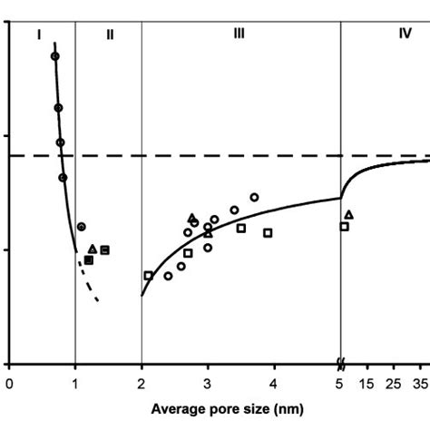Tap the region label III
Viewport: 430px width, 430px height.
(x=239, y=34)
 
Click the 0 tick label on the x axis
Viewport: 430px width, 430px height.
(x=9, y=384)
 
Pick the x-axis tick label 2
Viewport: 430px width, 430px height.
(x=142, y=384)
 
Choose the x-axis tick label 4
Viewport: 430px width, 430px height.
(x=274, y=384)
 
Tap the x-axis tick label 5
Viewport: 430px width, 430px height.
(x=340, y=384)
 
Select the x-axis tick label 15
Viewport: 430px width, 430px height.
(x=367, y=384)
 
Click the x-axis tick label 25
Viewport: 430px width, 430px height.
(x=393, y=384)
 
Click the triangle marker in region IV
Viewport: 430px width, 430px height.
(x=349, y=215)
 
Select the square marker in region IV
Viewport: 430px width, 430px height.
(x=344, y=226)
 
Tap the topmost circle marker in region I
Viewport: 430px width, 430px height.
(x=54, y=56)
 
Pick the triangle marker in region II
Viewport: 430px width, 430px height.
(x=93, y=249)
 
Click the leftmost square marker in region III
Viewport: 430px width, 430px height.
(x=149, y=275)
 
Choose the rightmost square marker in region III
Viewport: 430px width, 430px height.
(x=269, y=233)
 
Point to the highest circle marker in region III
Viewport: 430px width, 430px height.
(x=254, y=197)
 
